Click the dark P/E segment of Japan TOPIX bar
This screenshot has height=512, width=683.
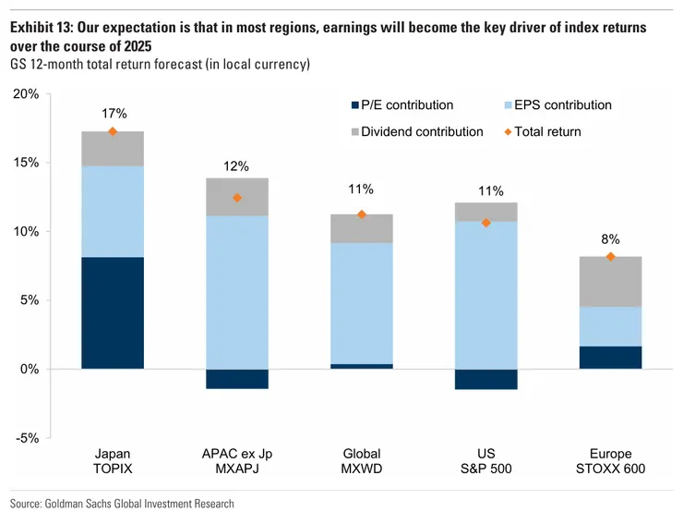(x=113, y=312)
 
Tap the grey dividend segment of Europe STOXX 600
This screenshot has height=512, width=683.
(x=610, y=281)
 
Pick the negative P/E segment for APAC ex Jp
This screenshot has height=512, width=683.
(x=237, y=379)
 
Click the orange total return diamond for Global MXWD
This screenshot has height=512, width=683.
(x=362, y=214)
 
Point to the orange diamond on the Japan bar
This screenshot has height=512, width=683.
(x=113, y=132)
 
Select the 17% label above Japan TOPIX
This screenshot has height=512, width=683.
(x=113, y=113)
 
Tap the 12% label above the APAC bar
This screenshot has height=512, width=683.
(x=237, y=166)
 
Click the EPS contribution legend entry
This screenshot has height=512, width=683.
(x=553, y=106)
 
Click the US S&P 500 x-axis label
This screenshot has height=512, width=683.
(x=485, y=461)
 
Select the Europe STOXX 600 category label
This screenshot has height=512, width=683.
(x=610, y=461)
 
